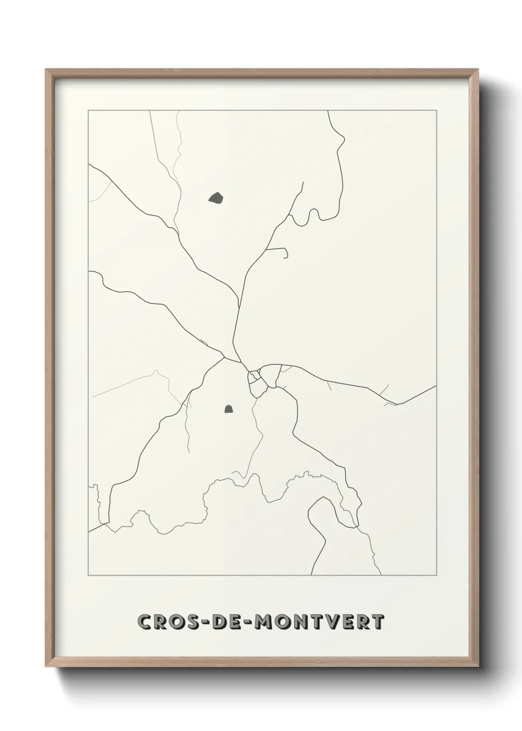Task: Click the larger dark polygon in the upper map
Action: click(x=216, y=199)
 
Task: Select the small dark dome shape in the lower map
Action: click(x=229, y=408)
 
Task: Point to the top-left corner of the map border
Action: click(x=88, y=111)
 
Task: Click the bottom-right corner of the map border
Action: click(x=436, y=575)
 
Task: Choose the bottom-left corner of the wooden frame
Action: click(x=46, y=669)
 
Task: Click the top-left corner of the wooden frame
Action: click(x=46, y=70)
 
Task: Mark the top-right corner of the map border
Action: click(x=436, y=111)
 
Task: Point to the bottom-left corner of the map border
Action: click(x=88, y=575)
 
